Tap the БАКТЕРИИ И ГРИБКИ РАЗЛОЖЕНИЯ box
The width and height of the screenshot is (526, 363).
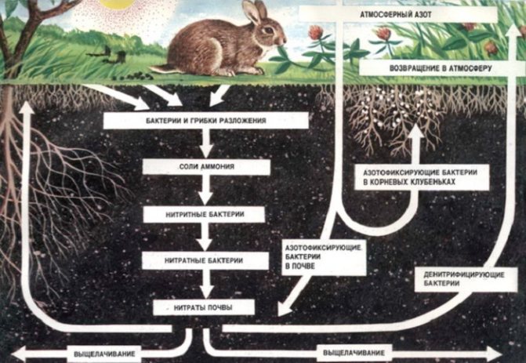point(205,122)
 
